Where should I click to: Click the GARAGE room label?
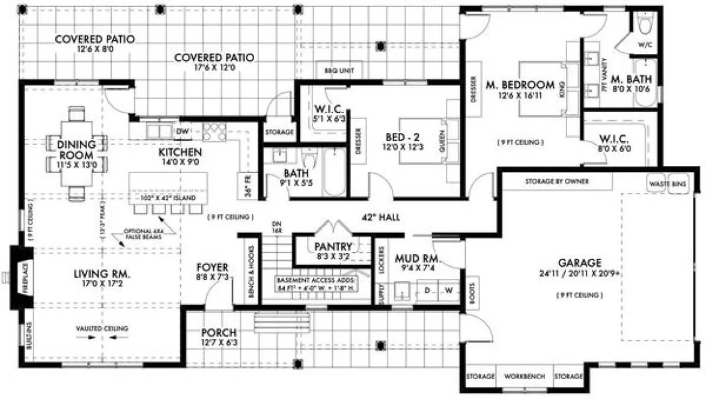(x=579, y=263)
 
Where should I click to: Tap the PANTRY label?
(x=333, y=246)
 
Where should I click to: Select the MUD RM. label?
(x=418, y=260)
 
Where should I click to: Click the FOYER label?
(x=211, y=267)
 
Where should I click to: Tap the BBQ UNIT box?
(x=339, y=70)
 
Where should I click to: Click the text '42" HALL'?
(x=380, y=218)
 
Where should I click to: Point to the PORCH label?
(x=218, y=333)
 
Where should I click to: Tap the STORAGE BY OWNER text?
(x=557, y=181)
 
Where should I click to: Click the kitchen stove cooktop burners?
(x=213, y=131)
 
